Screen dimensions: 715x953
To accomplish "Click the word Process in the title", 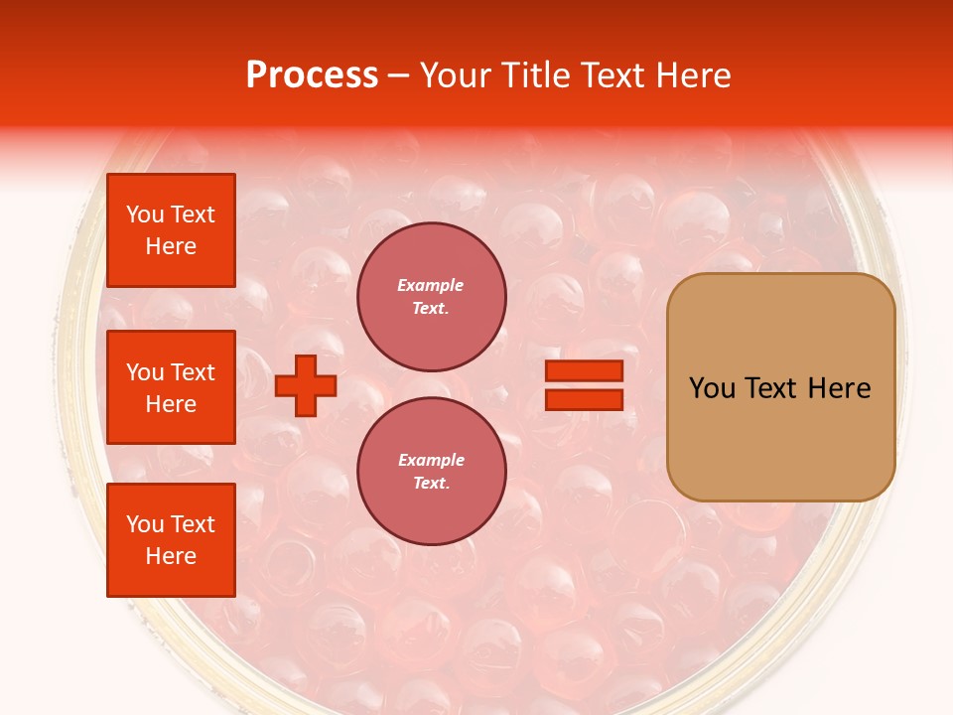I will pyautogui.click(x=312, y=75).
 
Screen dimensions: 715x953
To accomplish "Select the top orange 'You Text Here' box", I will pyautogui.click(x=171, y=230).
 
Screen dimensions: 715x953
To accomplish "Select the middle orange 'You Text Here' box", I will pyautogui.click(x=171, y=387).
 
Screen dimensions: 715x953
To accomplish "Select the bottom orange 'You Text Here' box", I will pyautogui.click(x=171, y=540).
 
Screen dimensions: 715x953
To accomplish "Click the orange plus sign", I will pyautogui.click(x=306, y=385).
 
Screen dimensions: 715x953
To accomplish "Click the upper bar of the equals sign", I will pyautogui.click(x=584, y=370).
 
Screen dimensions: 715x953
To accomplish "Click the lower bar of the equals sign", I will pyautogui.click(x=584, y=399).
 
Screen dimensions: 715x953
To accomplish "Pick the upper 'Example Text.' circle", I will pyautogui.click(x=432, y=297).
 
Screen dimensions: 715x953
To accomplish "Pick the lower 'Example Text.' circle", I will pyautogui.click(x=432, y=472).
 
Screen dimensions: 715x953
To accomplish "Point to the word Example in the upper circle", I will pyautogui.click(x=430, y=286).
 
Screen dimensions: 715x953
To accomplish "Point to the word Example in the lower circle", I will pyautogui.click(x=431, y=461).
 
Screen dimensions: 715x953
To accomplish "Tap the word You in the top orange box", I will pyautogui.click(x=145, y=214).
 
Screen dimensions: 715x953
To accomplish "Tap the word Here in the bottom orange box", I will pyautogui.click(x=171, y=556).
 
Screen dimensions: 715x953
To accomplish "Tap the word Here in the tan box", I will pyautogui.click(x=839, y=388).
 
